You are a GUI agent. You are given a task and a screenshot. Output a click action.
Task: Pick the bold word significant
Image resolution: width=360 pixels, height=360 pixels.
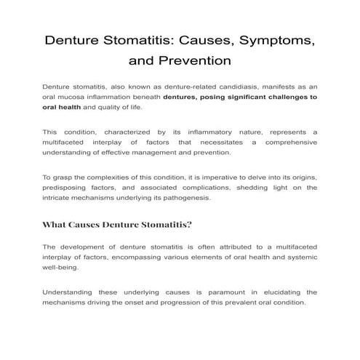click(247, 97)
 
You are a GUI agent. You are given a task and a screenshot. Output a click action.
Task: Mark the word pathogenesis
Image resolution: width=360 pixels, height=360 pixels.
click(185, 199)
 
